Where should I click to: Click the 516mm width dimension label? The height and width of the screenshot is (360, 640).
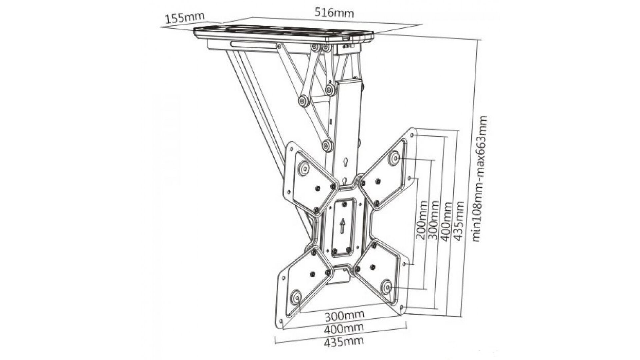tap(334, 13)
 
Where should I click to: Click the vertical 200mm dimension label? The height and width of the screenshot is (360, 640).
tap(422, 220)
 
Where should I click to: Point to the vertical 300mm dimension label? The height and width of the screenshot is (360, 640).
tap(433, 220)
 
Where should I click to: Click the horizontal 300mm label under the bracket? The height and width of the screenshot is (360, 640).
tap(345, 314)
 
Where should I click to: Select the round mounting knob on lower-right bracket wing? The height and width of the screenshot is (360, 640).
tap(387, 287)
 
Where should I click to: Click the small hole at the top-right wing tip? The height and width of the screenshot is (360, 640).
tap(413, 135)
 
